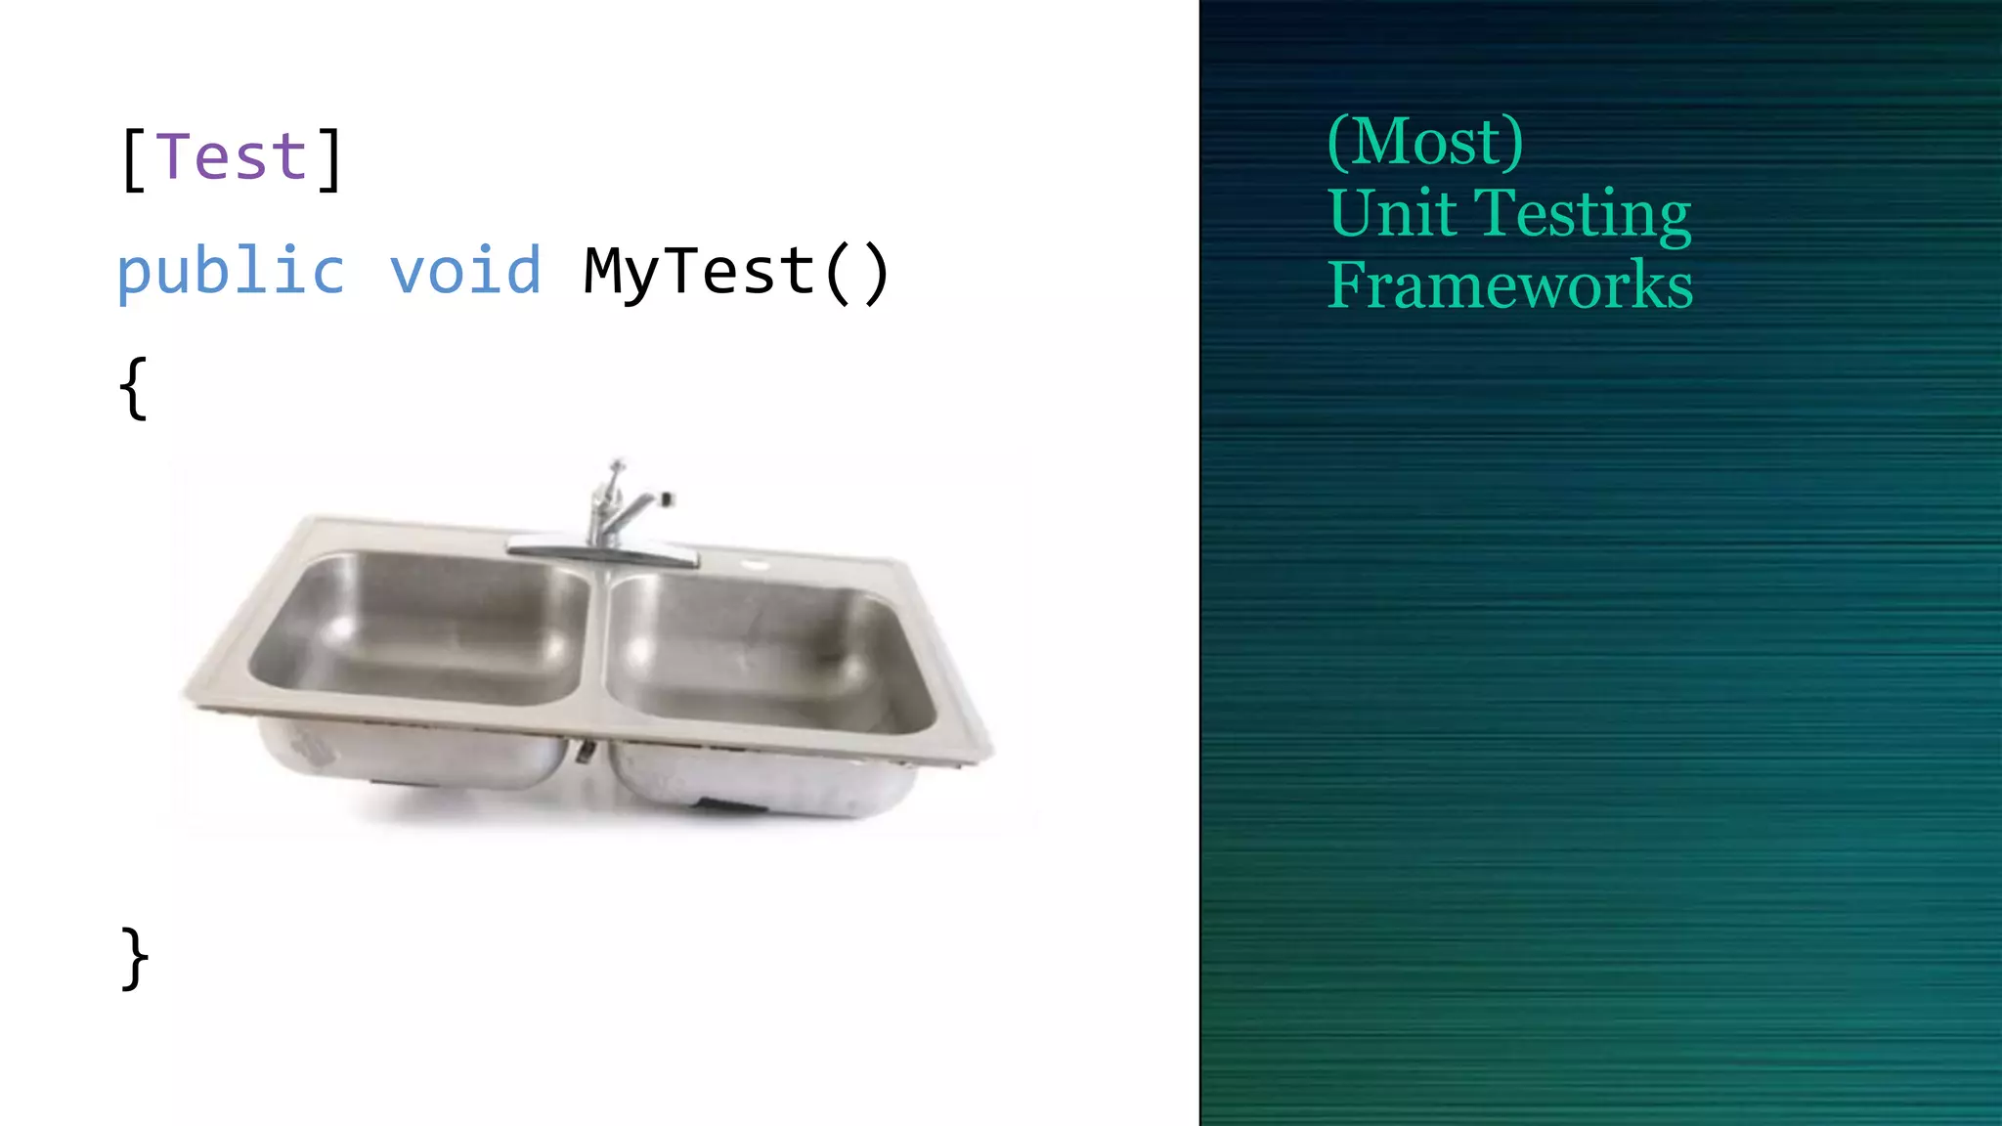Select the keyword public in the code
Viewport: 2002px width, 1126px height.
(231, 272)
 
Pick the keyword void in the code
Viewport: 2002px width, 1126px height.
(465, 272)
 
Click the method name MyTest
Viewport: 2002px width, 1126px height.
(699, 272)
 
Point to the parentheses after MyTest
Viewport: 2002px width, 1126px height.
(856, 273)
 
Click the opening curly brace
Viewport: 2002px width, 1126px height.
(134, 389)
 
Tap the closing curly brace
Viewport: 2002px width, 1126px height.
(134, 958)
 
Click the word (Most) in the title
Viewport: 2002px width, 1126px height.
(1425, 142)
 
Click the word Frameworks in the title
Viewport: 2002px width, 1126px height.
(1509, 285)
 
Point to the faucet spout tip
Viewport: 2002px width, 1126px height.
(667, 499)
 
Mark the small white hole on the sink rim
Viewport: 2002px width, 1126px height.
(755, 564)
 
